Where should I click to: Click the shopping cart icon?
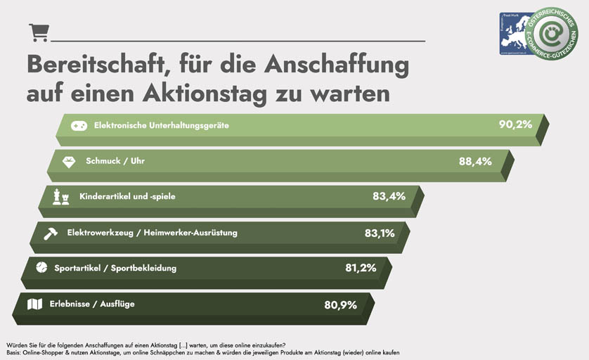(x=39, y=32)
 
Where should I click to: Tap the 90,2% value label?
(x=515, y=124)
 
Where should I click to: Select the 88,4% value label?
(x=475, y=161)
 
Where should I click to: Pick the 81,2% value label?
(x=361, y=268)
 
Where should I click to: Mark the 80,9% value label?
(x=341, y=304)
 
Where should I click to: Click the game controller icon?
(x=79, y=125)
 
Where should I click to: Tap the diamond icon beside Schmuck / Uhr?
(x=69, y=161)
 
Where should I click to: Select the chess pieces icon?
(x=61, y=197)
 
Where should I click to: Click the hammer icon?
(x=51, y=233)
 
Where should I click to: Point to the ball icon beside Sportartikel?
(x=41, y=268)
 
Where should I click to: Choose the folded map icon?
(x=34, y=304)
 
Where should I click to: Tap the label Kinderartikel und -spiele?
(x=127, y=196)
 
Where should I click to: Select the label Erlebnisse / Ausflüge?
(x=91, y=304)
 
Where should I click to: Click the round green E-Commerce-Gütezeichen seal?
(x=552, y=33)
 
